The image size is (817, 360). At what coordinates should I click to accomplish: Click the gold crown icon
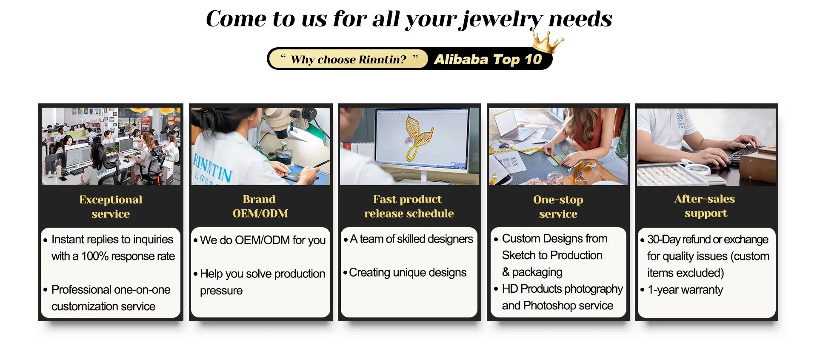tap(547, 42)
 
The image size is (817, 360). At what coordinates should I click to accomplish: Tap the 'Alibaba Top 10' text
tap(488, 59)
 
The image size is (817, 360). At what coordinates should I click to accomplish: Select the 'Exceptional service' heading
tap(111, 206)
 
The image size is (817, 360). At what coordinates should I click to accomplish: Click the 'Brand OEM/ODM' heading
tap(260, 206)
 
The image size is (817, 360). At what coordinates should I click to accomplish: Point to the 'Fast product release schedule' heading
tap(408, 206)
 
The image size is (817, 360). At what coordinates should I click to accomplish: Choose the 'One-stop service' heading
tap(558, 206)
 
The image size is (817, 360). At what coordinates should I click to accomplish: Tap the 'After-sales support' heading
tap(705, 206)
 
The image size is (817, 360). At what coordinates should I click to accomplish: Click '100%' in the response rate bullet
tap(95, 256)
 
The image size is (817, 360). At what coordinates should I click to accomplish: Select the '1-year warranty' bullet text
tap(685, 290)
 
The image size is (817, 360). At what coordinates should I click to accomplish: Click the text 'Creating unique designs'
tap(408, 273)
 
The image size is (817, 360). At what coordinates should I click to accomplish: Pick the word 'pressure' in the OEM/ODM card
tap(221, 291)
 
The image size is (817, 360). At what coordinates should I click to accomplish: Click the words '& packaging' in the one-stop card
tap(532, 272)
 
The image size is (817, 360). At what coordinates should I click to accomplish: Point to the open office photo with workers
tap(111, 146)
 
